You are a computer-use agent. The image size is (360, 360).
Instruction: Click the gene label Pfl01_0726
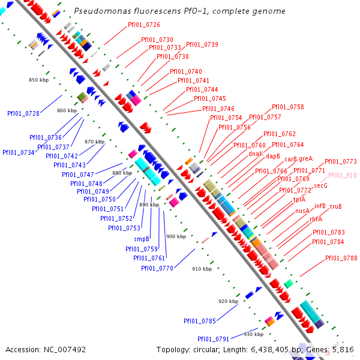[x=144, y=25]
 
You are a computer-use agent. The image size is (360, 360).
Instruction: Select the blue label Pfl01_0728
[x=23, y=113]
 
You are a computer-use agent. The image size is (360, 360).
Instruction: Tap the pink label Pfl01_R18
[x=343, y=175]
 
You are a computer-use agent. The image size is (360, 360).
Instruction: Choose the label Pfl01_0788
[x=341, y=258]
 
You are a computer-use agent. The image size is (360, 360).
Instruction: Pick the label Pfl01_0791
[x=214, y=339]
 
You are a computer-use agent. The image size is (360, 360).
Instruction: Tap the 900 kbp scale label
[x=176, y=236]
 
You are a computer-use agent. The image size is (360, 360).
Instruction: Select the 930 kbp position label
[x=254, y=334]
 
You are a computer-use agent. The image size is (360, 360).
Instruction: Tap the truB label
[x=335, y=206]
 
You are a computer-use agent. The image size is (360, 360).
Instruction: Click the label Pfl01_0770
[x=157, y=268]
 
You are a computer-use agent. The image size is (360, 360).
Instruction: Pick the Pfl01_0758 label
[x=288, y=107]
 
